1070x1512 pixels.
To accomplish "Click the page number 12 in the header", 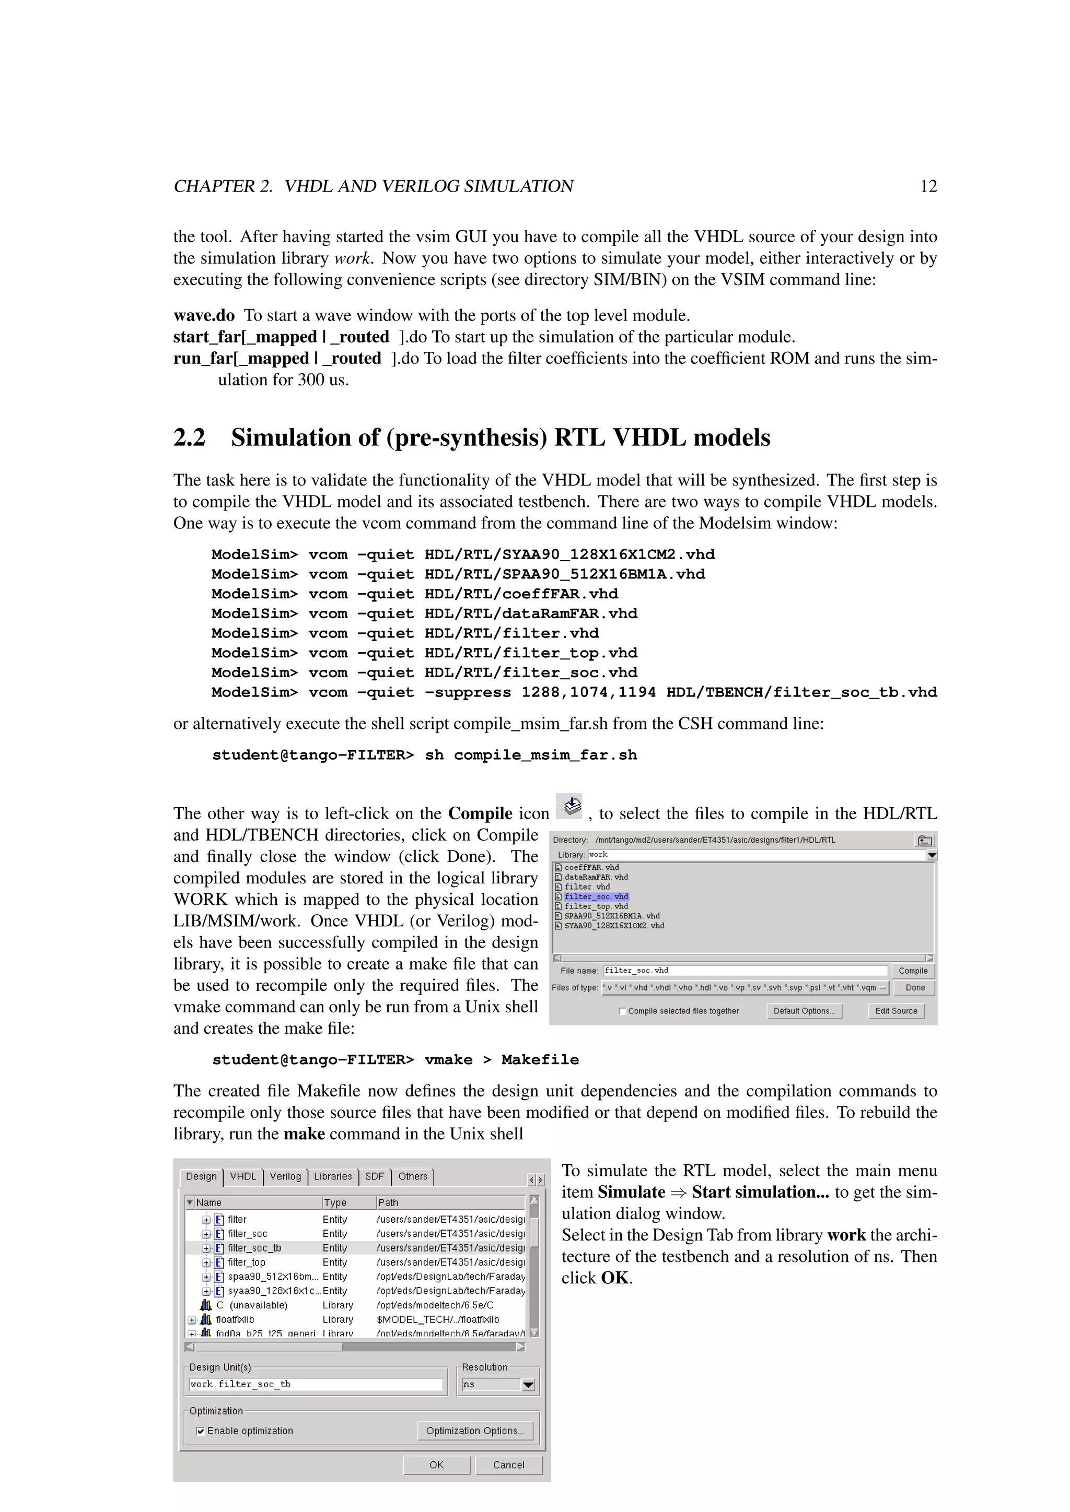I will click(x=928, y=186).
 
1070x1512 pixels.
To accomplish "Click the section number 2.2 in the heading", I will click(x=189, y=438).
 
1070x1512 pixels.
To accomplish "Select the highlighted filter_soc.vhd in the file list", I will click(x=596, y=896).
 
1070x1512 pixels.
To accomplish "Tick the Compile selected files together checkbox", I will click(x=623, y=1011).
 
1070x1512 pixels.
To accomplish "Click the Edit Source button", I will click(x=895, y=1011).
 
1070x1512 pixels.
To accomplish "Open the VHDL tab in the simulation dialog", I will click(x=242, y=1176).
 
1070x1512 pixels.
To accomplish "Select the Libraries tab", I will click(x=333, y=1176).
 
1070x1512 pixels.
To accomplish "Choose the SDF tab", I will click(x=374, y=1176).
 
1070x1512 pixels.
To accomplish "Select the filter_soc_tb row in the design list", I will click(x=254, y=1248).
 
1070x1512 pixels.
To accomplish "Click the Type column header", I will click(x=335, y=1202).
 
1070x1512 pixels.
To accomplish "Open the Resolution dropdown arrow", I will click(x=528, y=1385).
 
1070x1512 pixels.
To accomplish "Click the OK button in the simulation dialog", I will click(x=436, y=1464).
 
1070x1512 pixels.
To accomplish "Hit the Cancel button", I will click(x=509, y=1464).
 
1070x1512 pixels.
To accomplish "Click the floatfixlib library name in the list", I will click(x=235, y=1320).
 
